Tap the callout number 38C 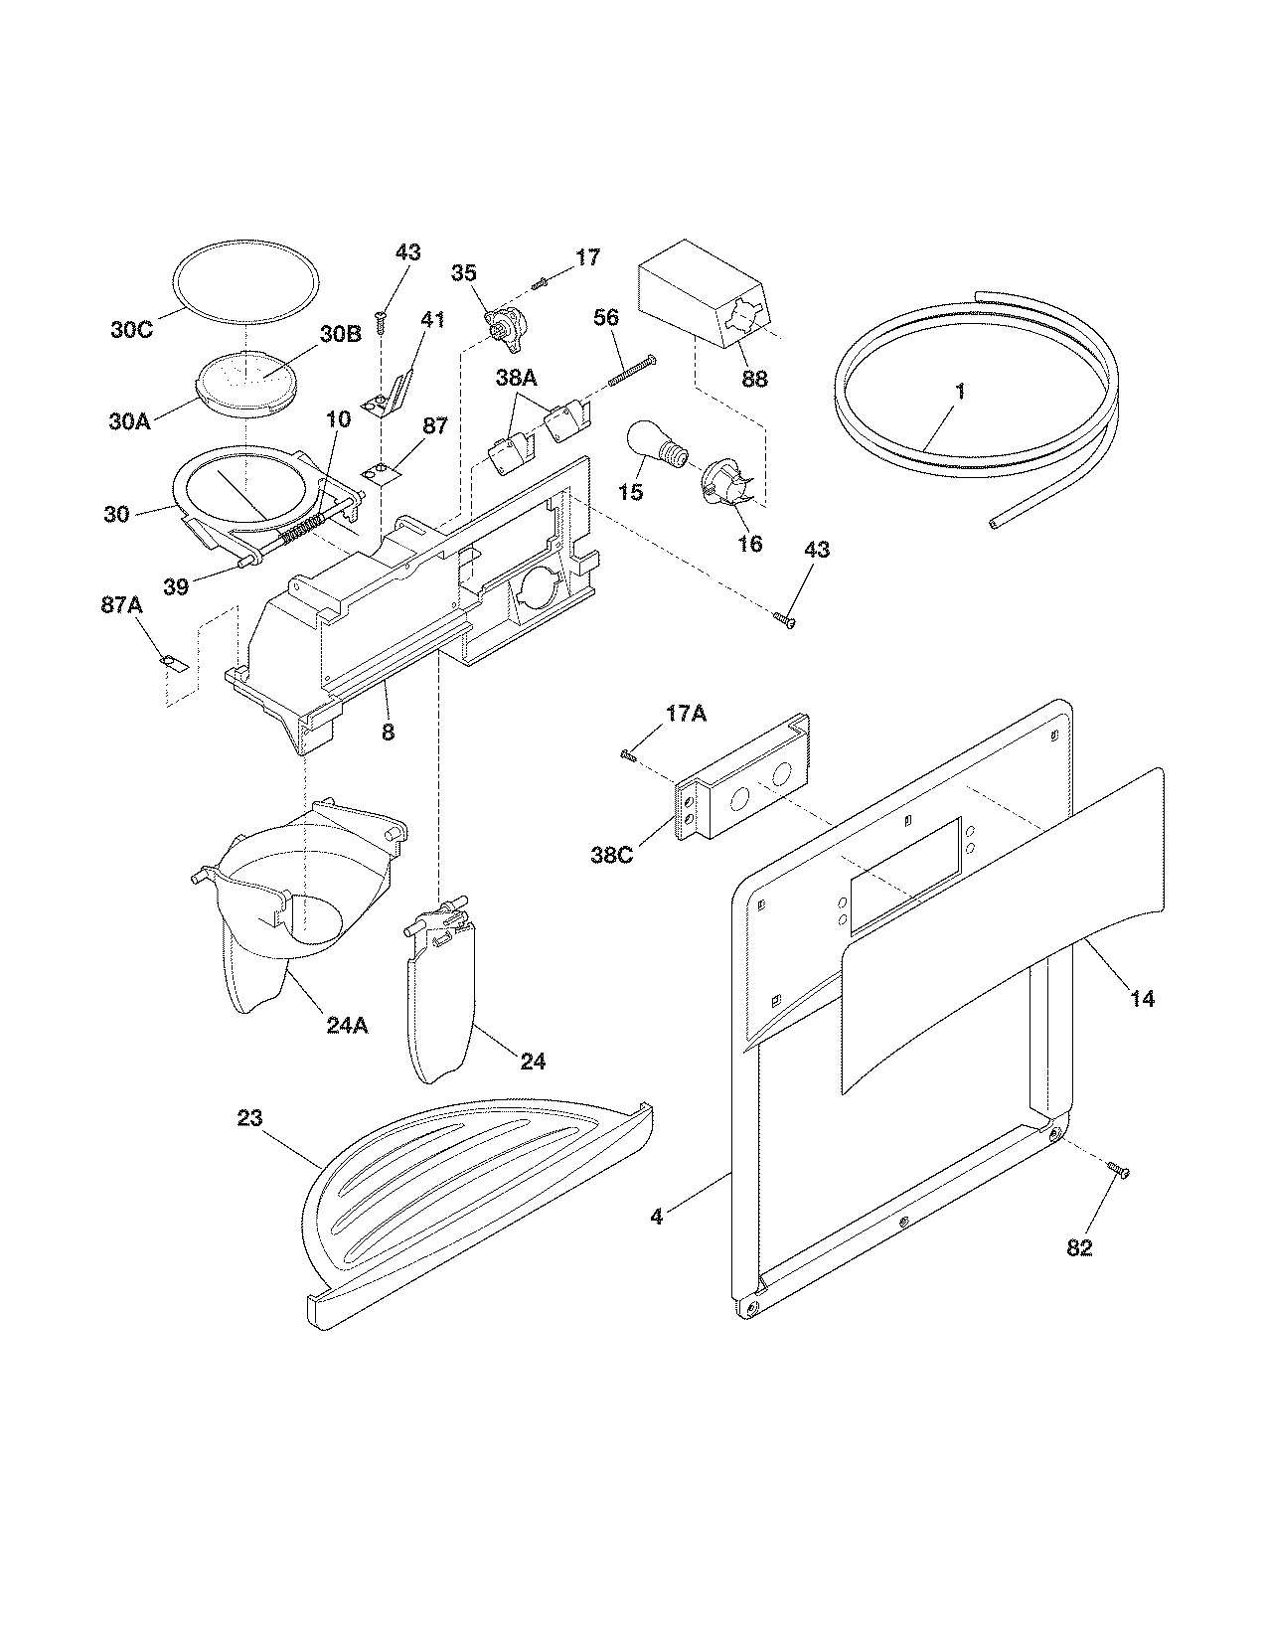(611, 854)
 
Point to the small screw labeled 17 (541, 283)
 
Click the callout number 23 (249, 1118)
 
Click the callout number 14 (1143, 999)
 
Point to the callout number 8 (388, 733)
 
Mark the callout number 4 (657, 1215)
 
